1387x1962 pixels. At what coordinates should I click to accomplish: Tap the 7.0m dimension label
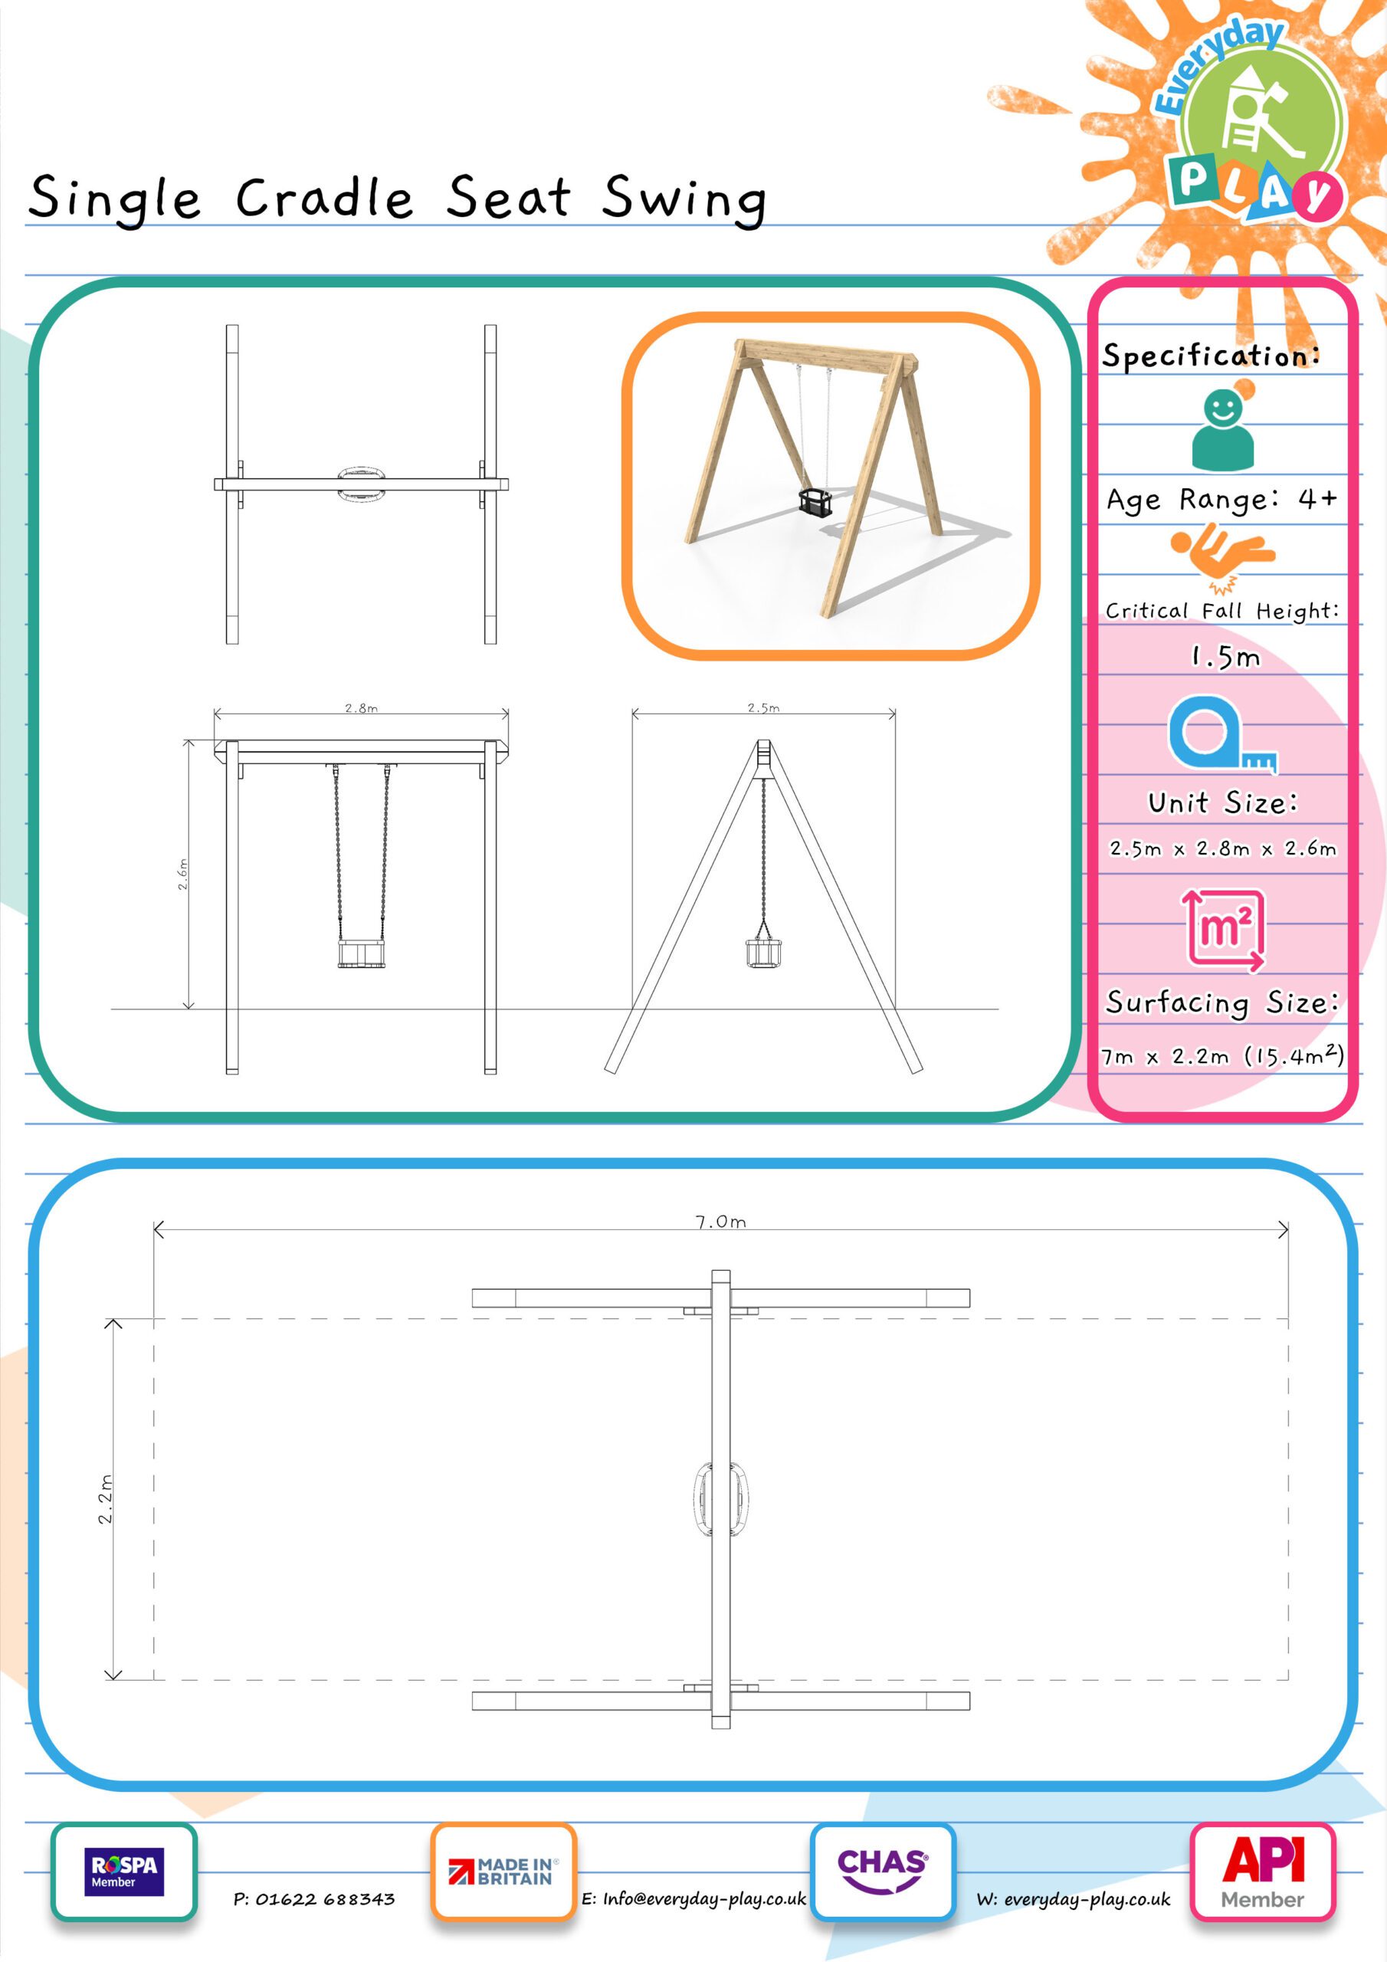click(x=720, y=1222)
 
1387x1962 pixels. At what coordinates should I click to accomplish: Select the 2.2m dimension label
click(x=104, y=1499)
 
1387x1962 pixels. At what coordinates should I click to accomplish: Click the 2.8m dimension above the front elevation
click(x=362, y=707)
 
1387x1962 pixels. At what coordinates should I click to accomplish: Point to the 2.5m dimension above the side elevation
click(x=763, y=707)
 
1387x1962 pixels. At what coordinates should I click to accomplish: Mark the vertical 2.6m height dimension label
click(x=182, y=874)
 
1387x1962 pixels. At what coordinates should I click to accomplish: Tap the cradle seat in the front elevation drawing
click(x=362, y=953)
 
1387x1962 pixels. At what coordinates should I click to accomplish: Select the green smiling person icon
click(x=1223, y=430)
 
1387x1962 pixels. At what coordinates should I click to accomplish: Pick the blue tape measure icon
click(x=1222, y=734)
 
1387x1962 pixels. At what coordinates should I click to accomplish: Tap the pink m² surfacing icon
click(x=1222, y=930)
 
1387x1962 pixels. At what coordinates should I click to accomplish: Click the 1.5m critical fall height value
click(x=1225, y=656)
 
